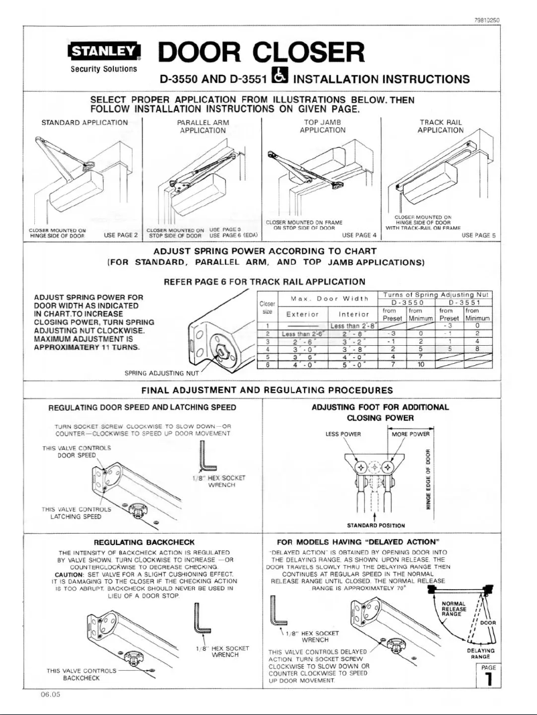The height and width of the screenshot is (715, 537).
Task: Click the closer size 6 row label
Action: [x=267, y=365]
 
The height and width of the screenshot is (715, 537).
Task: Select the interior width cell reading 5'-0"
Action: [x=352, y=365]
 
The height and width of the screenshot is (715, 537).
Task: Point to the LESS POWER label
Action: [x=342, y=433]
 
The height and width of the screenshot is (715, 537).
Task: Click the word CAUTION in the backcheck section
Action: [x=72, y=574]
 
